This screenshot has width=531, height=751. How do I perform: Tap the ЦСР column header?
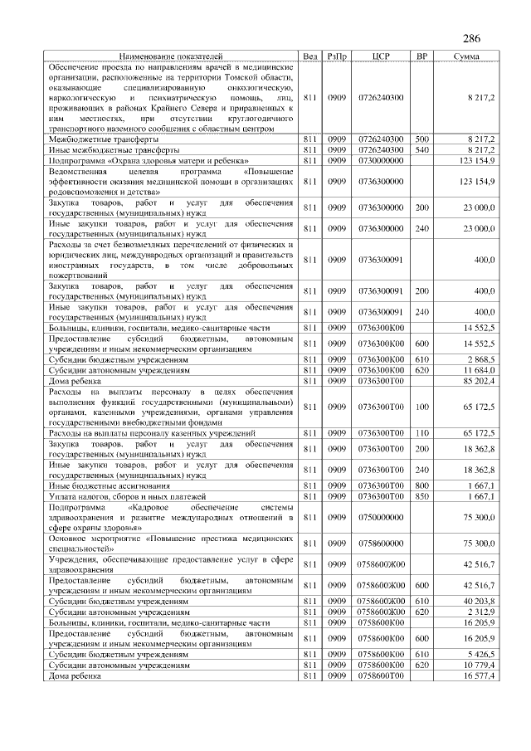pyautogui.click(x=381, y=56)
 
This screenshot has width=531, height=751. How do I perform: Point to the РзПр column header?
pyautogui.click(x=336, y=56)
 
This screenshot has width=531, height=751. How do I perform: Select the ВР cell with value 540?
pyautogui.click(x=421, y=150)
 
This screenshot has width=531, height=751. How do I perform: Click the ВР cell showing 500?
pyautogui.click(x=421, y=139)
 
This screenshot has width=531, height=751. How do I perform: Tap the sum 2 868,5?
pyautogui.click(x=482, y=359)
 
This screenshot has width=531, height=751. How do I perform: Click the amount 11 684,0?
pyautogui.click(x=480, y=370)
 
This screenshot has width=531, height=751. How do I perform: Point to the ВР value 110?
pyautogui.click(x=421, y=433)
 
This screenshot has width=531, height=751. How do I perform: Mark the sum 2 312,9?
pyautogui.click(x=482, y=611)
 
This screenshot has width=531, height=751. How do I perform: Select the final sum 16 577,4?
pyautogui.click(x=480, y=675)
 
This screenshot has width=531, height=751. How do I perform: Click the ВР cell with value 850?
pyautogui.click(x=421, y=496)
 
